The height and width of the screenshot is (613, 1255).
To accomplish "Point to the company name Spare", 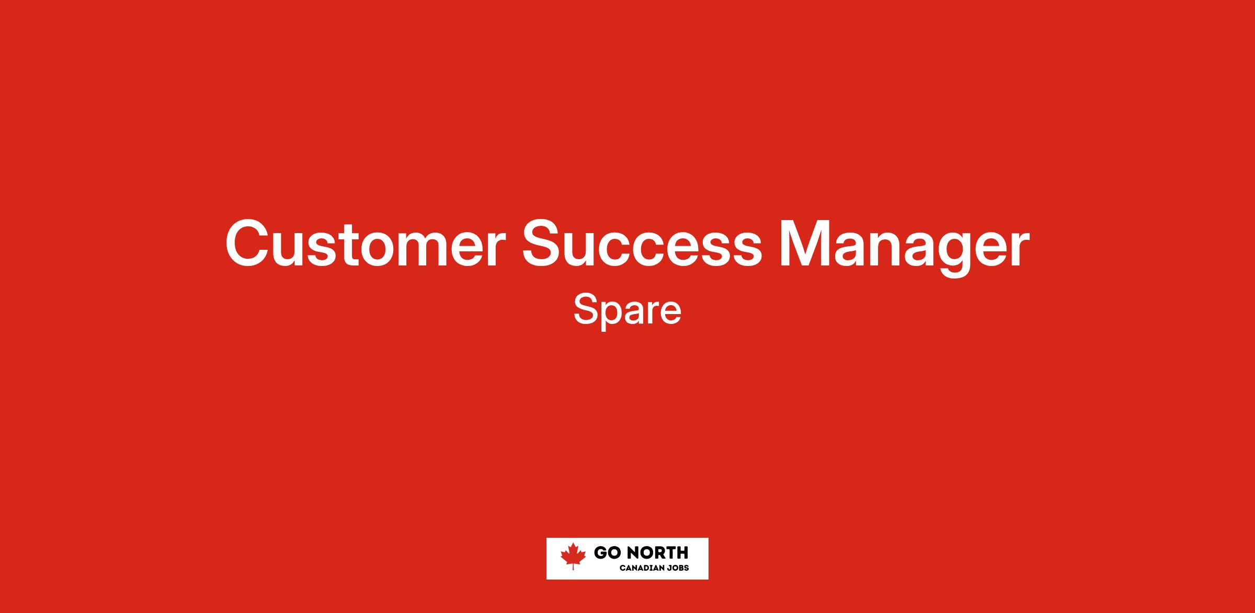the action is point(627,311).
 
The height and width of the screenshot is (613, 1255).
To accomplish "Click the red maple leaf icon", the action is point(573,556).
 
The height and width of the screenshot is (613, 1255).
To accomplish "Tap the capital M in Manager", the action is point(805,244).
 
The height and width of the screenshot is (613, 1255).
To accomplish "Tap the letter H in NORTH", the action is point(682,552).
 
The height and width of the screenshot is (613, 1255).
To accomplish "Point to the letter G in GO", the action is point(600,552).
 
